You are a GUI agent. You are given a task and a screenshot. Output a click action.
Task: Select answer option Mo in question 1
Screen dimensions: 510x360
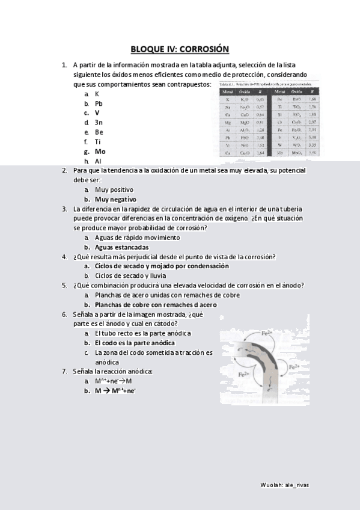[100, 152]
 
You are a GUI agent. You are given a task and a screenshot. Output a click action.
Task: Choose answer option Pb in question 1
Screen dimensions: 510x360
[99, 103]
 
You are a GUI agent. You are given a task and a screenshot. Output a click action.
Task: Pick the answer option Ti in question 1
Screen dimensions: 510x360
[97, 142]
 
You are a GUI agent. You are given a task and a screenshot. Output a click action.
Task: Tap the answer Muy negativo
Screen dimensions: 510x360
[115, 199]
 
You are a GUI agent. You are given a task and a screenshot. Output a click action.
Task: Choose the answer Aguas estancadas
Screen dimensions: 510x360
[121, 247]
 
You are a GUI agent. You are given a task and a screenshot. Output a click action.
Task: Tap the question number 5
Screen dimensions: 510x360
[64, 285]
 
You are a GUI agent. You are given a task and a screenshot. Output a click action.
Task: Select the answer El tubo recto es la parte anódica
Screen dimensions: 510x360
[142, 333]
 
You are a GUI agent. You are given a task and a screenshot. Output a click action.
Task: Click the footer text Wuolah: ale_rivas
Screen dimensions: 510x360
[285, 484]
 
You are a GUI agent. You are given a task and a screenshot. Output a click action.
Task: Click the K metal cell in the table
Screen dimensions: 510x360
[228, 99]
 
